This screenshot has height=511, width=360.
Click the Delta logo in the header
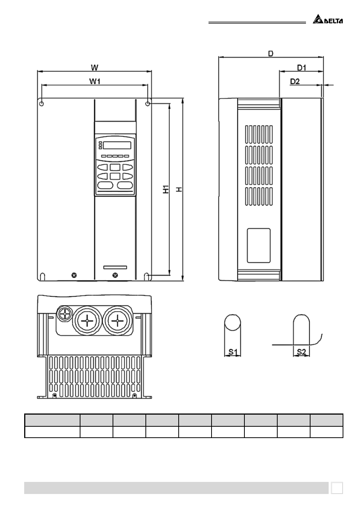pyautogui.click(x=328, y=19)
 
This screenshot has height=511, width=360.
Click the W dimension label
pyautogui.click(x=94, y=68)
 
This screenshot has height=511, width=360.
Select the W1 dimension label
pyautogui.click(x=95, y=81)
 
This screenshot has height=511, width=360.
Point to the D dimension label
pyautogui.click(x=270, y=54)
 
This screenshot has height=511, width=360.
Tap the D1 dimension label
pyautogui.click(x=301, y=68)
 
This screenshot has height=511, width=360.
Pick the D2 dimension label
pyautogui.click(x=295, y=81)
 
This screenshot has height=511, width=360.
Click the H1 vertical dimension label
pyautogui.click(x=166, y=189)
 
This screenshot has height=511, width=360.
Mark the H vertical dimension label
pyautogui.click(x=180, y=189)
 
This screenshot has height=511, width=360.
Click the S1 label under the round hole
pyautogui.click(x=233, y=352)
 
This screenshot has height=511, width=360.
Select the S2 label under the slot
pyautogui.click(x=301, y=352)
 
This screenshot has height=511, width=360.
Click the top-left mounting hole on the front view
pyautogui.click(x=42, y=104)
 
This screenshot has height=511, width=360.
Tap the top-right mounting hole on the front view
pyautogui.click(x=148, y=104)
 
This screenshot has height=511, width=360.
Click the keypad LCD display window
pyautogui.click(x=117, y=145)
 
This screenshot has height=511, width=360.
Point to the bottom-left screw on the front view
pyautogui.click(x=74, y=275)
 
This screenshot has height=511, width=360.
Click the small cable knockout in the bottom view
pyautogui.click(x=65, y=314)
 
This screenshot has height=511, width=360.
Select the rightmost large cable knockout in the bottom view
pyautogui.click(x=117, y=321)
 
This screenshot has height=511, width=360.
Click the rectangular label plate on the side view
pyautogui.click(x=259, y=245)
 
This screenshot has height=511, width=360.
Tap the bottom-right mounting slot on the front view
pyautogui.click(x=147, y=277)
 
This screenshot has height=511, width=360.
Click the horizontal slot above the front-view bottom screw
pyautogui.click(x=115, y=267)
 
